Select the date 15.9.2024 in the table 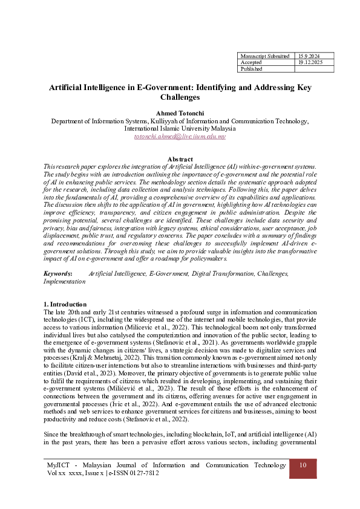(308, 55)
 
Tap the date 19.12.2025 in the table (310, 62)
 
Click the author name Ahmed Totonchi (180, 113)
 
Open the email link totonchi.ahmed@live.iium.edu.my (180, 137)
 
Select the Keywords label (58, 274)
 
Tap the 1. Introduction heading (66, 303)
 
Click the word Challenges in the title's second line (180, 97)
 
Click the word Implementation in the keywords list (65, 282)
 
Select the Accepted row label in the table (251, 62)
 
